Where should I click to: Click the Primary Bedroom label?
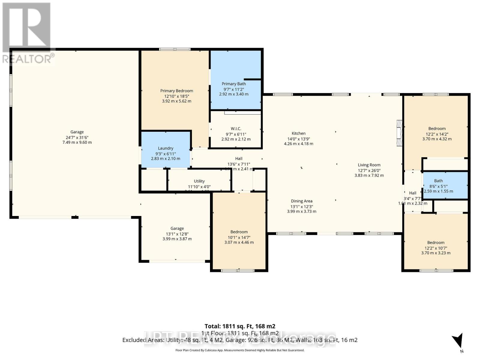coord(176,91)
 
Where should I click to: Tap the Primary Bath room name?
coord(234,84)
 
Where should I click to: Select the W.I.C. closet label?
coord(236,129)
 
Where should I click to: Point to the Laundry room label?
coord(166,148)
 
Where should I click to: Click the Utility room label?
coord(199,181)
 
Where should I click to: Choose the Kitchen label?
coord(298,133)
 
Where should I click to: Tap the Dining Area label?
coord(301,201)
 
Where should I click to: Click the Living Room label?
coord(369,165)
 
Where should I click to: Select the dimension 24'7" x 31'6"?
coord(77,137)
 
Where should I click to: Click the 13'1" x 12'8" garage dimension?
coord(177,234)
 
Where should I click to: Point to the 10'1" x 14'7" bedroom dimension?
coord(239,237)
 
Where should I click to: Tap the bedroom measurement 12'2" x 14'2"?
coord(437,134)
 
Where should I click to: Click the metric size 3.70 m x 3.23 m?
coord(436,253)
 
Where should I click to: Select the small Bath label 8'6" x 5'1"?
coord(438,186)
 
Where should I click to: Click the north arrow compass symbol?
coord(458,342)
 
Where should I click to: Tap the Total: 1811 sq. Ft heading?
coord(240,326)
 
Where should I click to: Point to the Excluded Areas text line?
coord(240,340)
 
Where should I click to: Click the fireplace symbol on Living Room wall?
coord(399,133)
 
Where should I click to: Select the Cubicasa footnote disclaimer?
coord(240,350)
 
